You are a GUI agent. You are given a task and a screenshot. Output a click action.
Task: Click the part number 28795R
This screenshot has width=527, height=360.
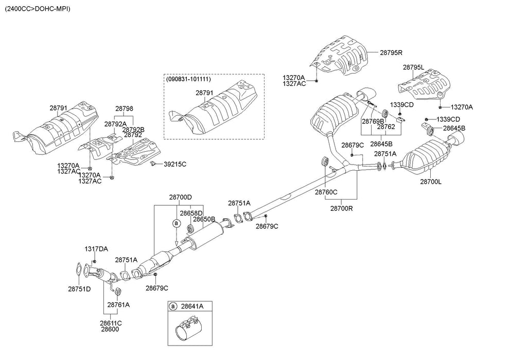391,52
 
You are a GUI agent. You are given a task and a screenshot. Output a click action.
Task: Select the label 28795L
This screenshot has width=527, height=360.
413,67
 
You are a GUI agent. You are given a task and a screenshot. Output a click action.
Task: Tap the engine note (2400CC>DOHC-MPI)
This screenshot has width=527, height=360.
38,9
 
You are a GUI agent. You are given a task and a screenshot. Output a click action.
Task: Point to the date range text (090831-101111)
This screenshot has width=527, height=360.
188,79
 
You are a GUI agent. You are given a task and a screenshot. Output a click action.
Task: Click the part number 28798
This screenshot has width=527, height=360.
124,109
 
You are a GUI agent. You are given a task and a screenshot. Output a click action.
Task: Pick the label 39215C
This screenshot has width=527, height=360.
175,164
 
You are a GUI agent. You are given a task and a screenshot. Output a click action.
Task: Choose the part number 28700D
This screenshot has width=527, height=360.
180,197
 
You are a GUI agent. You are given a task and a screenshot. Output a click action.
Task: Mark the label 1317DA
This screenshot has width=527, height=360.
96,249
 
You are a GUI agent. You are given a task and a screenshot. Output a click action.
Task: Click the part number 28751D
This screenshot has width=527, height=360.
79,289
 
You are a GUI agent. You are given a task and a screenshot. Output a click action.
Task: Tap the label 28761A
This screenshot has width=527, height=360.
118,304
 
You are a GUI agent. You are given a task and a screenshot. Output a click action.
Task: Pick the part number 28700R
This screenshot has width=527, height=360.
341,208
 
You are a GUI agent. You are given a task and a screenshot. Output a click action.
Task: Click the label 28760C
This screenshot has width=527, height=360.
326,192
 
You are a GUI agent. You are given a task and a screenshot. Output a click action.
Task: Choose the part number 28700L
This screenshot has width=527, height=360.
431,182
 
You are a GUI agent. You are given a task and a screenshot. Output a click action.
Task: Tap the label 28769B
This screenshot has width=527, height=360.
373,121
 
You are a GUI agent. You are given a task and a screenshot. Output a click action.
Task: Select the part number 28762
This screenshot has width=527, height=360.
385,127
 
